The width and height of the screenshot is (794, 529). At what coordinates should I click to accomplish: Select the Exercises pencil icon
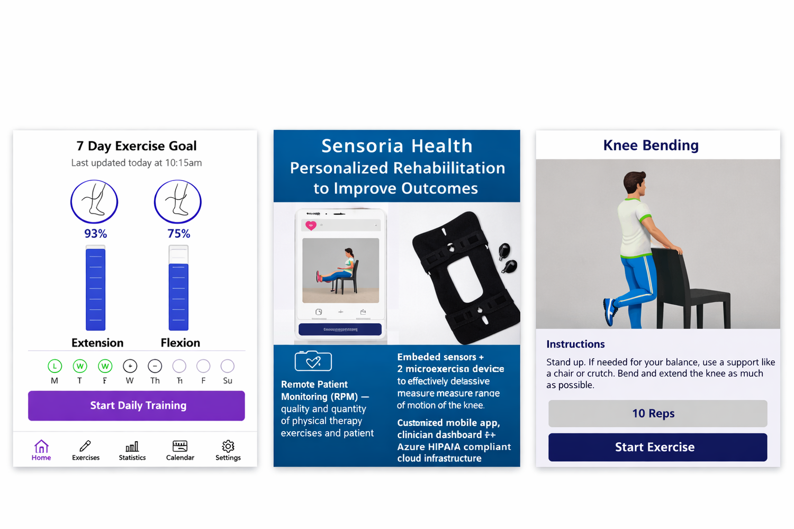click(85, 446)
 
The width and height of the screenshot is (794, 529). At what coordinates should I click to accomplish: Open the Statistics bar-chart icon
click(132, 446)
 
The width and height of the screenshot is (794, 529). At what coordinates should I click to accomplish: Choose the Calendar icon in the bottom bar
click(180, 446)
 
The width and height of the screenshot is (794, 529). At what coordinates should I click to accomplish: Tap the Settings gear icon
click(228, 446)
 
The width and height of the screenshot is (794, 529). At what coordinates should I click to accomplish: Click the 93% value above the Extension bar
click(96, 234)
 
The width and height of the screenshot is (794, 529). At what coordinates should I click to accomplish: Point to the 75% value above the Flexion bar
click(179, 234)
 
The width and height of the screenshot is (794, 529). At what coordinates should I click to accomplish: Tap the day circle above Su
click(228, 366)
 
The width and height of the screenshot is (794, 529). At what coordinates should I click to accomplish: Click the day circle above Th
click(155, 366)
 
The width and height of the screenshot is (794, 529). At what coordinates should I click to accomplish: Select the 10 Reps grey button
click(657, 414)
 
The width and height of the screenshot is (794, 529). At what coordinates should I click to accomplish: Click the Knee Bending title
click(651, 145)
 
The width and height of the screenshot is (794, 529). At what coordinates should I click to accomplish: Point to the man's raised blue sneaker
click(610, 312)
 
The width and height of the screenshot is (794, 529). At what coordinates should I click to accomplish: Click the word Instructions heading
click(575, 344)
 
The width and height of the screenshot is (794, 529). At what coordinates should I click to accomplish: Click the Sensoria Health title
click(396, 146)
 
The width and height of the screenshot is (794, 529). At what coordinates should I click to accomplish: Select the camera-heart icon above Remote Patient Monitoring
click(313, 361)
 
